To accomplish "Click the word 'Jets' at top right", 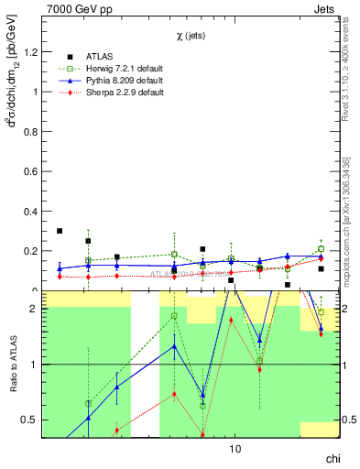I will point(329,8).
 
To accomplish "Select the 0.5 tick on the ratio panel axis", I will point(33,420).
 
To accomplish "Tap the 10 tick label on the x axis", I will point(235,450).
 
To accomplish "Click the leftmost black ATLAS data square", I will point(60,231).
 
